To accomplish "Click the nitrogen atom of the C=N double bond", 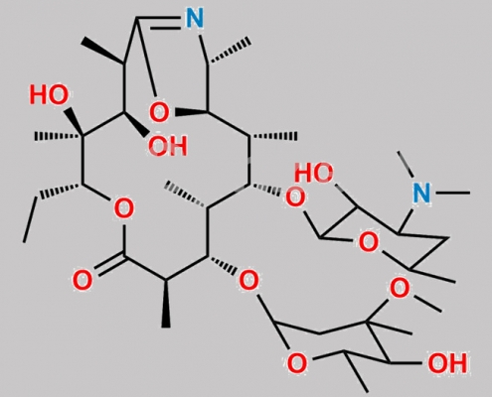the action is pyautogui.click(x=195, y=18).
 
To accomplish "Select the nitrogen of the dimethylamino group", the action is pyautogui.click(x=422, y=193).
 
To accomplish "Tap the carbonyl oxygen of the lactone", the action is pyautogui.click(x=82, y=281).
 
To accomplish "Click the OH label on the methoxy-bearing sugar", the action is pyautogui.click(x=447, y=363).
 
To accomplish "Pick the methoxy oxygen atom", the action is pyautogui.click(x=399, y=288).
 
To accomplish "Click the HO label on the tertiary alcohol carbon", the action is pyautogui.click(x=49, y=95).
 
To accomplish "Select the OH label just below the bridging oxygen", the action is pyautogui.click(x=168, y=146).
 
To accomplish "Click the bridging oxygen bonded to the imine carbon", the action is pyautogui.click(x=159, y=112).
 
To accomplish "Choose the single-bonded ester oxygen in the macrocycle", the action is pyautogui.click(x=124, y=208).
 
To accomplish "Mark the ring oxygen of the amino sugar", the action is pyautogui.click(x=368, y=242).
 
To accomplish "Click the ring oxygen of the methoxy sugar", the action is pyautogui.click(x=297, y=362).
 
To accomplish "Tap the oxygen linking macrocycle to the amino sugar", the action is pyautogui.click(x=295, y=198).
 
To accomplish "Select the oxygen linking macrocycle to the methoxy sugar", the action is pyautogui.click(x=248, y=280).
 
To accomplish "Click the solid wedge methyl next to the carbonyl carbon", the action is pyautogui.click(x=166, y=304).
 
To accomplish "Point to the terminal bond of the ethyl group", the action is pyautogui.click(x=30, y=220).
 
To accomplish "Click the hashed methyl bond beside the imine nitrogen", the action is pyautogui.click(x=230, y=51).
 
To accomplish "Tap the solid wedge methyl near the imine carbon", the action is pyautogui.click(x=103, y=51).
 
